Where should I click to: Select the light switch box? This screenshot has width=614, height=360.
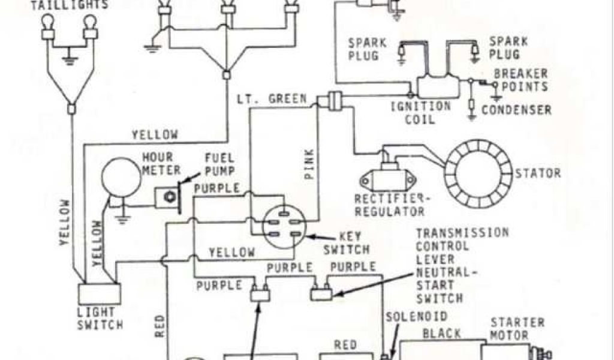point(100,294)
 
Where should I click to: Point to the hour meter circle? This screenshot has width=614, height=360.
point(121,178)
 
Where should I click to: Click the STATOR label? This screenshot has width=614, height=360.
point(537,173)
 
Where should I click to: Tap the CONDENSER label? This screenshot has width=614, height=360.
point(516,110)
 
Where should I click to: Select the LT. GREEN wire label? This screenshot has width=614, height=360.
point(272,99)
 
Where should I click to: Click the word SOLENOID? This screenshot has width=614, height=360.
point(416,316)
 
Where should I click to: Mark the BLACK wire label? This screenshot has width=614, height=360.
point(442,334)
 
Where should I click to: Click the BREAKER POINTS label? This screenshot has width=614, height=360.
point(520,80)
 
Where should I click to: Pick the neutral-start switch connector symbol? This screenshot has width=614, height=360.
point(320,293)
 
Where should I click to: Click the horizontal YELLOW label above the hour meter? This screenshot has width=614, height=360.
point(155,135)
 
